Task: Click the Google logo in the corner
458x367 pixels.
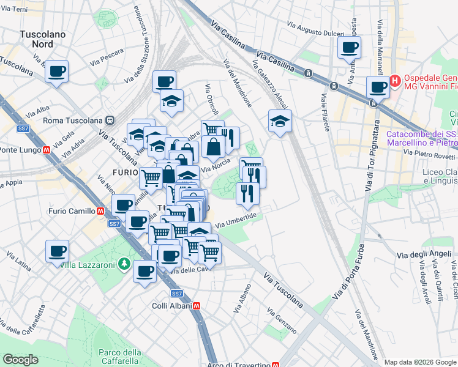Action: point(21,359)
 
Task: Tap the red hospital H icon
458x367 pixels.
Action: point(396,80)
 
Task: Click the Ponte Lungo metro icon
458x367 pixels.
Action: point(47,150)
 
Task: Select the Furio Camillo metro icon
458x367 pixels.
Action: point(99,212)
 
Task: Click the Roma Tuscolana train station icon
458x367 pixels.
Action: point(110,120)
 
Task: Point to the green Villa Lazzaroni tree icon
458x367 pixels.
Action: point(125,264)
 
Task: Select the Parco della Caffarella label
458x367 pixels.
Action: point(120,357)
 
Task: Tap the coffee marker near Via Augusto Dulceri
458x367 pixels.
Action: point(349,48)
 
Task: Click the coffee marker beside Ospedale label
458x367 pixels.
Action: point(378,87)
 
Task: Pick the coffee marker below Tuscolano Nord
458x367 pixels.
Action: point(57,72)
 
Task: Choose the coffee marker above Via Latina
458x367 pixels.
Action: point(57,251)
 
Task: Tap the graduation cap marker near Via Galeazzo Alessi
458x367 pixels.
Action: point(280,121)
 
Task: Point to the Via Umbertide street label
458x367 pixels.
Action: point(235,220)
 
